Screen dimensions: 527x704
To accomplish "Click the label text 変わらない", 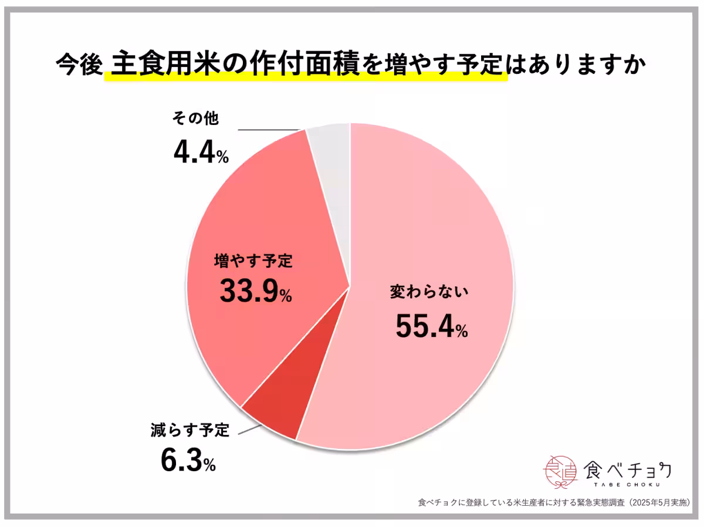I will tap(429, 292).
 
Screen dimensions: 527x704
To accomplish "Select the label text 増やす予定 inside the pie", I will tap(253, 260).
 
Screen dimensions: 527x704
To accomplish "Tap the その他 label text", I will tap(195, 119).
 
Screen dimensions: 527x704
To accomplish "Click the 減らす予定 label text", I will tap(188, 430).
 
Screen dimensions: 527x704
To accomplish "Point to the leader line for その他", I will tap(270, 130).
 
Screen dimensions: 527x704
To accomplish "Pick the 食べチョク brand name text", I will tap(628, 469).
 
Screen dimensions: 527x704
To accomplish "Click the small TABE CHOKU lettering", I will tap(627, 485).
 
